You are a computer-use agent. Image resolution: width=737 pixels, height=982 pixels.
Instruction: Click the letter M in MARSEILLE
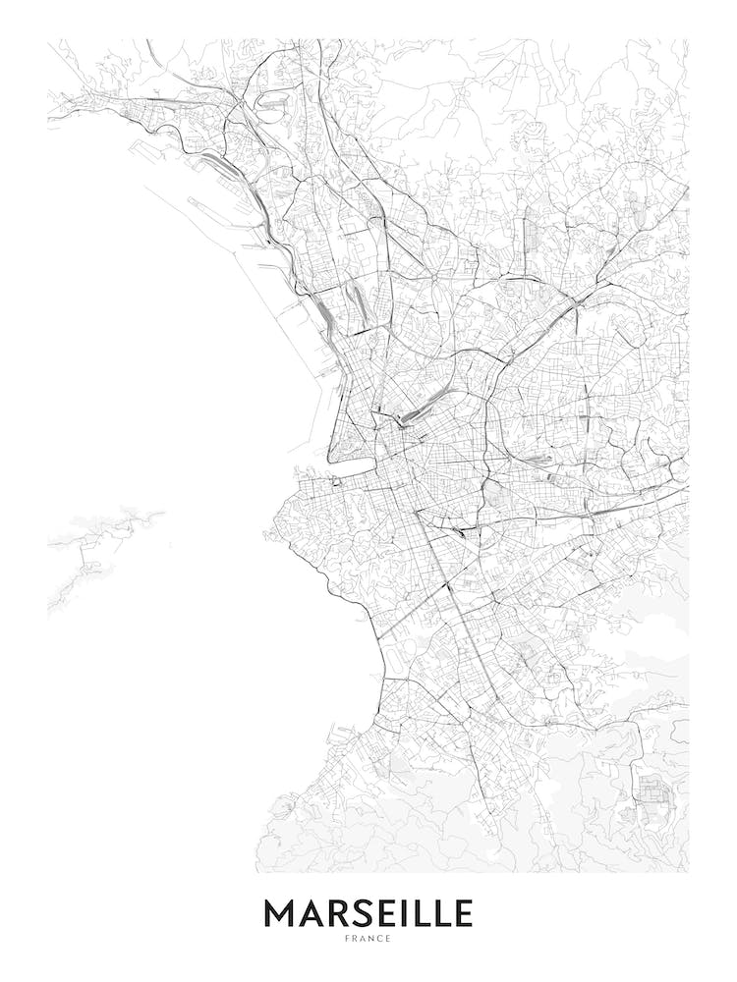280,914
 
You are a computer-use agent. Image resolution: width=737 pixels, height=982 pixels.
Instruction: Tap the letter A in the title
311,914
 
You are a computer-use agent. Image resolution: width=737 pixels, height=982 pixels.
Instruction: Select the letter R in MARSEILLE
337,914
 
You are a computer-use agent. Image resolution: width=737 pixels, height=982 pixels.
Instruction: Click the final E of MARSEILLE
463,914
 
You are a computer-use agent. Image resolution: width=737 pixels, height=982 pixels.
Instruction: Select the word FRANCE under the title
368,939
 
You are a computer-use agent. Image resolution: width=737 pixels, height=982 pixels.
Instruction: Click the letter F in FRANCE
347,939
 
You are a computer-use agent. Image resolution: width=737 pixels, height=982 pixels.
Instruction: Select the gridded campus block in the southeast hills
650,791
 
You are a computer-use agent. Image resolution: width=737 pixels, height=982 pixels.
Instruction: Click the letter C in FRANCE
379,939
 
